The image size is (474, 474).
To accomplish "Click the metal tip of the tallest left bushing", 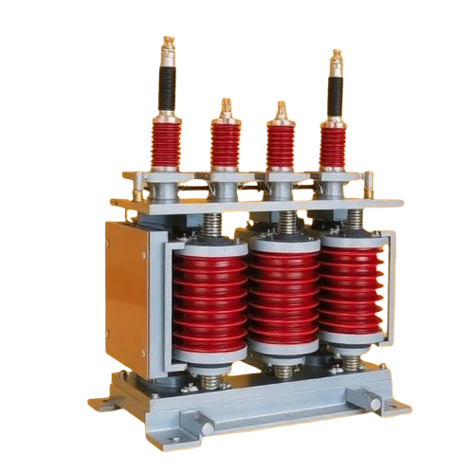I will click(170, 46).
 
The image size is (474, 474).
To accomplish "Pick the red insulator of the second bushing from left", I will click(225, 143).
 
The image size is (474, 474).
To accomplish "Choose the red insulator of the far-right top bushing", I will click(333, 148).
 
